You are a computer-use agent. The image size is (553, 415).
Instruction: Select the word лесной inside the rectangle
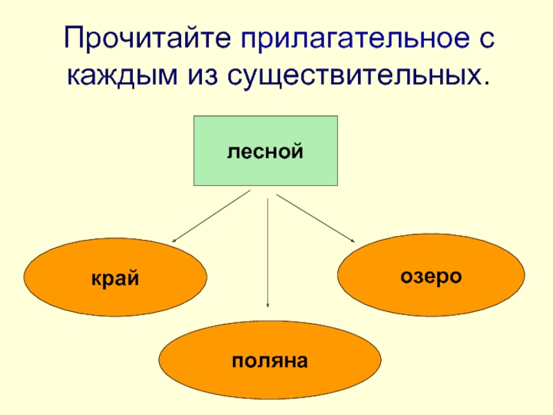point(265,150)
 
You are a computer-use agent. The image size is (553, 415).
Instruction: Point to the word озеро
point(431,275)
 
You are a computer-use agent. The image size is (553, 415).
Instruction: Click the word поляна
point(270,360)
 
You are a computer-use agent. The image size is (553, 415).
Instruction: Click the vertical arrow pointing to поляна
point(268,252)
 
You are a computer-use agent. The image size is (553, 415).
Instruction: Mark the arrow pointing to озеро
point(315,218)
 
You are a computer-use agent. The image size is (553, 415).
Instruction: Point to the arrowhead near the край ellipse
point(174,240)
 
